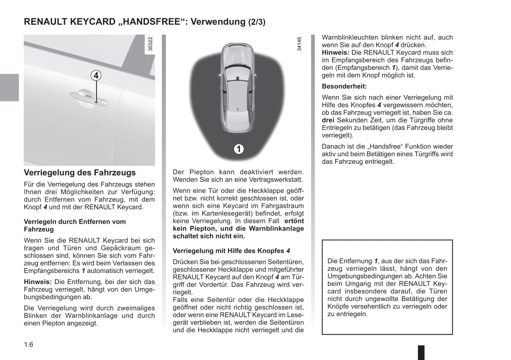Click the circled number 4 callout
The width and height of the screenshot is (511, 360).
(x=95, y=76)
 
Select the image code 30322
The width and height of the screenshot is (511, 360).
(x=151, y=45)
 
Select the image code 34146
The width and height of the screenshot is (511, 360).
(x=299, y=45)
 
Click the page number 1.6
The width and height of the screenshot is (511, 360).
(x=28, y=344)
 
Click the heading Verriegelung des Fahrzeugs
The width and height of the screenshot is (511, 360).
(x=80, y=173)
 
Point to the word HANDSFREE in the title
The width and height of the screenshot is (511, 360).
(x=153, y=22)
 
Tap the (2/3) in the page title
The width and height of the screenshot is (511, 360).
(x=256, y=22)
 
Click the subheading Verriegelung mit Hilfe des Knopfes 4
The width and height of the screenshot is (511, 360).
(x=231, y=251)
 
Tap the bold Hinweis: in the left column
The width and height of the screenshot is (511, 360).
(x=38, y=282)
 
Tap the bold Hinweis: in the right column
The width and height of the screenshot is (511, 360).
(x=336, y=53)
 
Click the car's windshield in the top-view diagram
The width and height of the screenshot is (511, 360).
(x=237, y=71)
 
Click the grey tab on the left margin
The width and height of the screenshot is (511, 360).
(x=9, y=88)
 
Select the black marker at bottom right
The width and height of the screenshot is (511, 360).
(x=421, y=352)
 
